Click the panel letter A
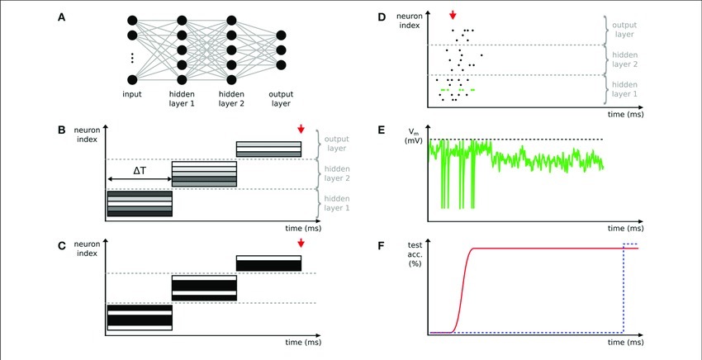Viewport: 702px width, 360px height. click(61, 17)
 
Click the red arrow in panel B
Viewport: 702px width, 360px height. click(301, 129)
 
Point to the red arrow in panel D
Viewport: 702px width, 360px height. click(453, 15)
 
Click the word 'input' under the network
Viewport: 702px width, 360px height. click(132, 94)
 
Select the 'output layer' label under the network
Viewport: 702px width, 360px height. click(281, 99)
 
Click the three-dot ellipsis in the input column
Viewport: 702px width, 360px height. click(132, 58)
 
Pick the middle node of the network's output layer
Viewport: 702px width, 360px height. click(281, 50)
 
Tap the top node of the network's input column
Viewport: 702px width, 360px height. click(132, 21)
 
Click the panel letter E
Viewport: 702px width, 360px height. click(382, 130)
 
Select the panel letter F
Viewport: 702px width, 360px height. click(382, 246)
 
